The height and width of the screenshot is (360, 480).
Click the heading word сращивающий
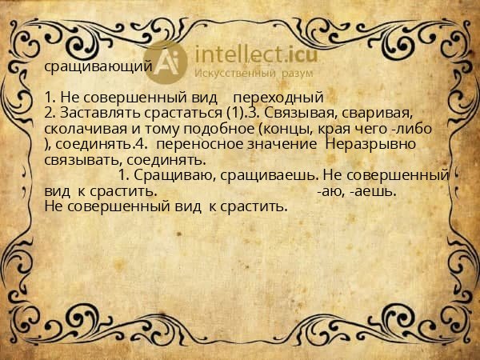coord(98,68)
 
